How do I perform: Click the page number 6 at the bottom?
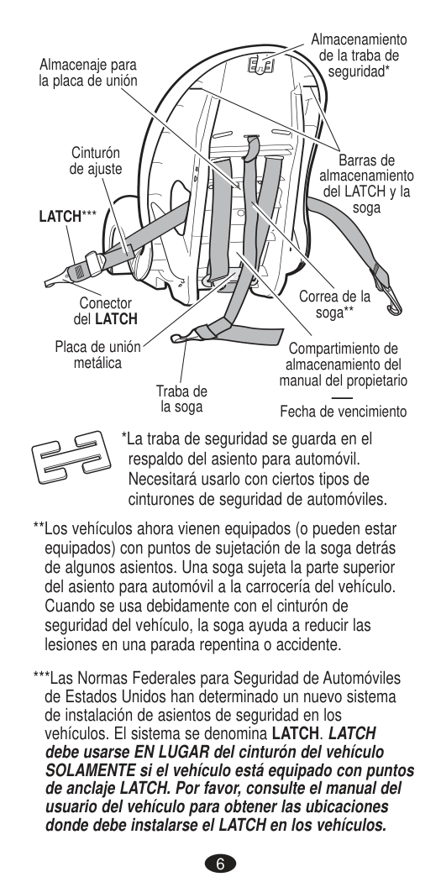point(220,864)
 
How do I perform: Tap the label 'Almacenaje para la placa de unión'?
point(87,72)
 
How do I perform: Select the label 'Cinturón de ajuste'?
point(96,161)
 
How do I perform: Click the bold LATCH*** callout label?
point(67,217)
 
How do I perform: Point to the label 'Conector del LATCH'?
point(106,312)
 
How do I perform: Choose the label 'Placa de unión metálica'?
point(98,355)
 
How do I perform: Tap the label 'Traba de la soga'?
point(181,399)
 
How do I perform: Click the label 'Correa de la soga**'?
point(334,304)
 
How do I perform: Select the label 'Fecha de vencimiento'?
point(343,412)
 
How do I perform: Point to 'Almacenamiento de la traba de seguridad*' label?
point(359,55)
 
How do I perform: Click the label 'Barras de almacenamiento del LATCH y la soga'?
point(366,184)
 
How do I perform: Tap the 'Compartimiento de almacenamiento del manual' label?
point(343,365)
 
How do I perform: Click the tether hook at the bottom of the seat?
point(179,338)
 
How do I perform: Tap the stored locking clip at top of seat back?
point(262,66)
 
